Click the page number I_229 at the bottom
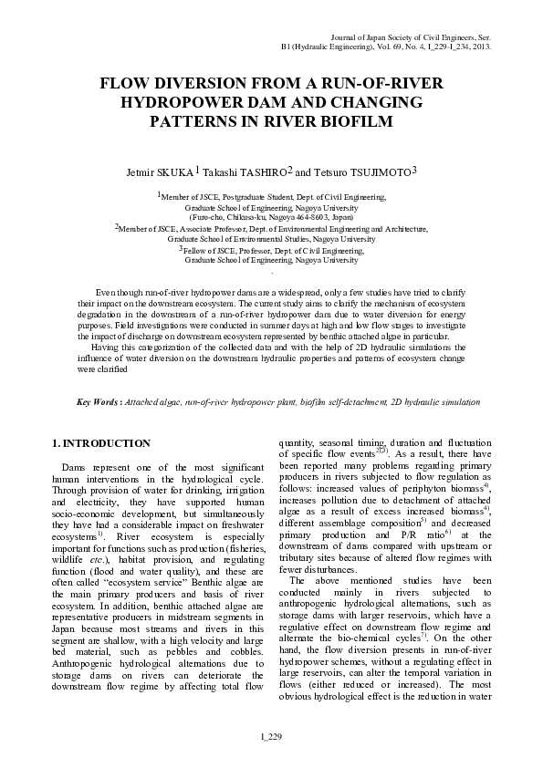point(271,736)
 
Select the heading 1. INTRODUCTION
point(101,443)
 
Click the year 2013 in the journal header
point(481,45)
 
